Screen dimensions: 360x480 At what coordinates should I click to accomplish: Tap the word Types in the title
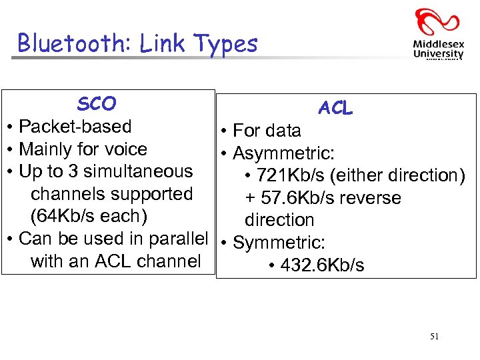click(x=225, y=44)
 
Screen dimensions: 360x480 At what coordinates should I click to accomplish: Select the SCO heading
click(x=97, y=104)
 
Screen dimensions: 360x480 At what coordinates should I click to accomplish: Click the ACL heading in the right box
click(x=335, y=108)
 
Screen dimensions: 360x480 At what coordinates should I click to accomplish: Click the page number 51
click(x=434, y=337)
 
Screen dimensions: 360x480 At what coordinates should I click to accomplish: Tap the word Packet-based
click(x=75, y=127)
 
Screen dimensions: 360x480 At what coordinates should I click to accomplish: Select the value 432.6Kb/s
click(x=323, y=265)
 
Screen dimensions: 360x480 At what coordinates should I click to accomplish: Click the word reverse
click(x=370, y=198)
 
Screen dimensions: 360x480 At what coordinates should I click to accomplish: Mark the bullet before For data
click(x=225, y=131)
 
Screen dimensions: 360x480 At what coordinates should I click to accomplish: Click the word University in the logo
click(x=438, y=54)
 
